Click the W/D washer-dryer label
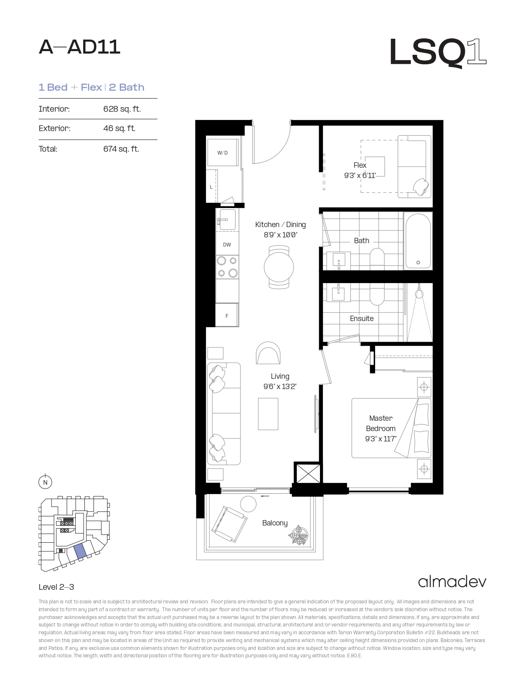click(222, 153)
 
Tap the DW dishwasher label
click(227, 245)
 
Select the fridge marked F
click(227, 315)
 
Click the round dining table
click(279, 267)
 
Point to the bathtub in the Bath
click(418, 241)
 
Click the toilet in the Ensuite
click(377, 294)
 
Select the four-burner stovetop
click(227, 267)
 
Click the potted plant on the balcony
click(298, 535)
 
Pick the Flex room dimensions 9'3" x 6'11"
click(360, 176)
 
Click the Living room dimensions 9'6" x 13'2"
click(280, 387)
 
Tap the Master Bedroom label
click(380, 423)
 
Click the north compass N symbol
click(45, 482)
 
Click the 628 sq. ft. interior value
click(122, 109)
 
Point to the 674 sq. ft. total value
click(121, 149)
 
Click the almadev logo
click(452, 582)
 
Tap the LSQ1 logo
click(438, 52)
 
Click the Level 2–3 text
click(56, 587)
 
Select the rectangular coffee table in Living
click(268, 414)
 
